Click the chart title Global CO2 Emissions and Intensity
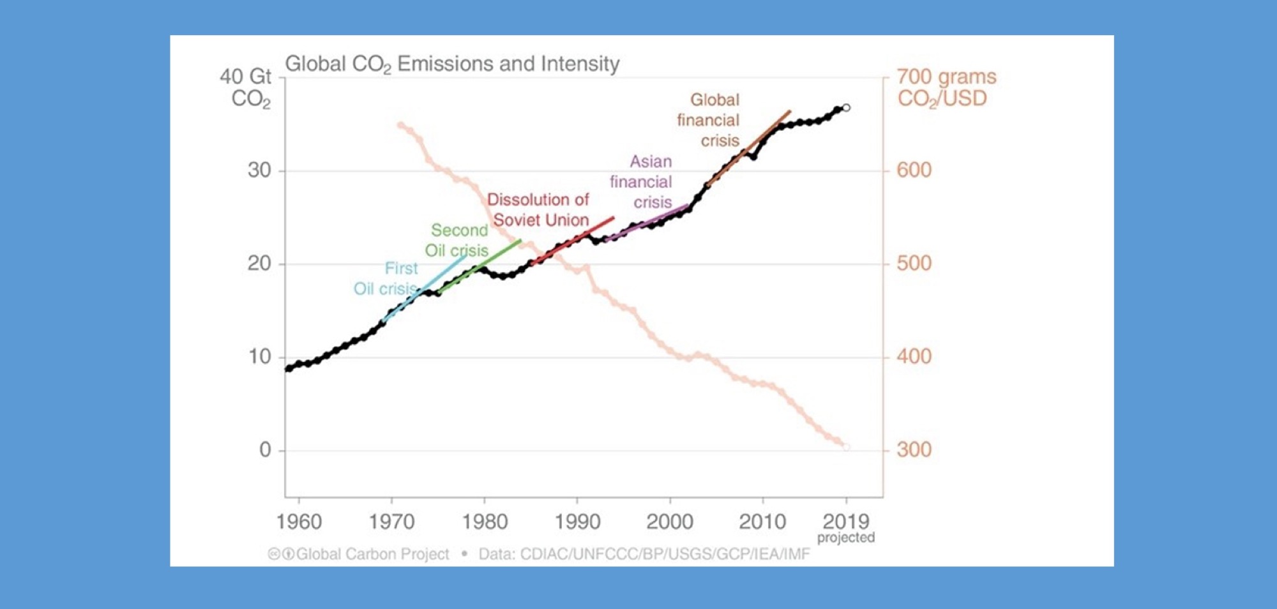(452, 64)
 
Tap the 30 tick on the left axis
(259, 170)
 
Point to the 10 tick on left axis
(259, 357)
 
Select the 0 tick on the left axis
(265, 450)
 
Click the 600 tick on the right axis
(914, 170)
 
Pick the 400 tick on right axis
(914, 357)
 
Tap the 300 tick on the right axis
(914, 450)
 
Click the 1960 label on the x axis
(299, 522)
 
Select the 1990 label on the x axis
(577, 522)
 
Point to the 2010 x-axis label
(762, 522)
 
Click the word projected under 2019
(846, 538)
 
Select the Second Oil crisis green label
(457, 241)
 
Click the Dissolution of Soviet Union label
(539, 210)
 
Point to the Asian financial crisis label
(642, 182)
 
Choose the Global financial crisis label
(709, 120)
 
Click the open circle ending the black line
(847, 108)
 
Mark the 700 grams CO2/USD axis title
(946, 87)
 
